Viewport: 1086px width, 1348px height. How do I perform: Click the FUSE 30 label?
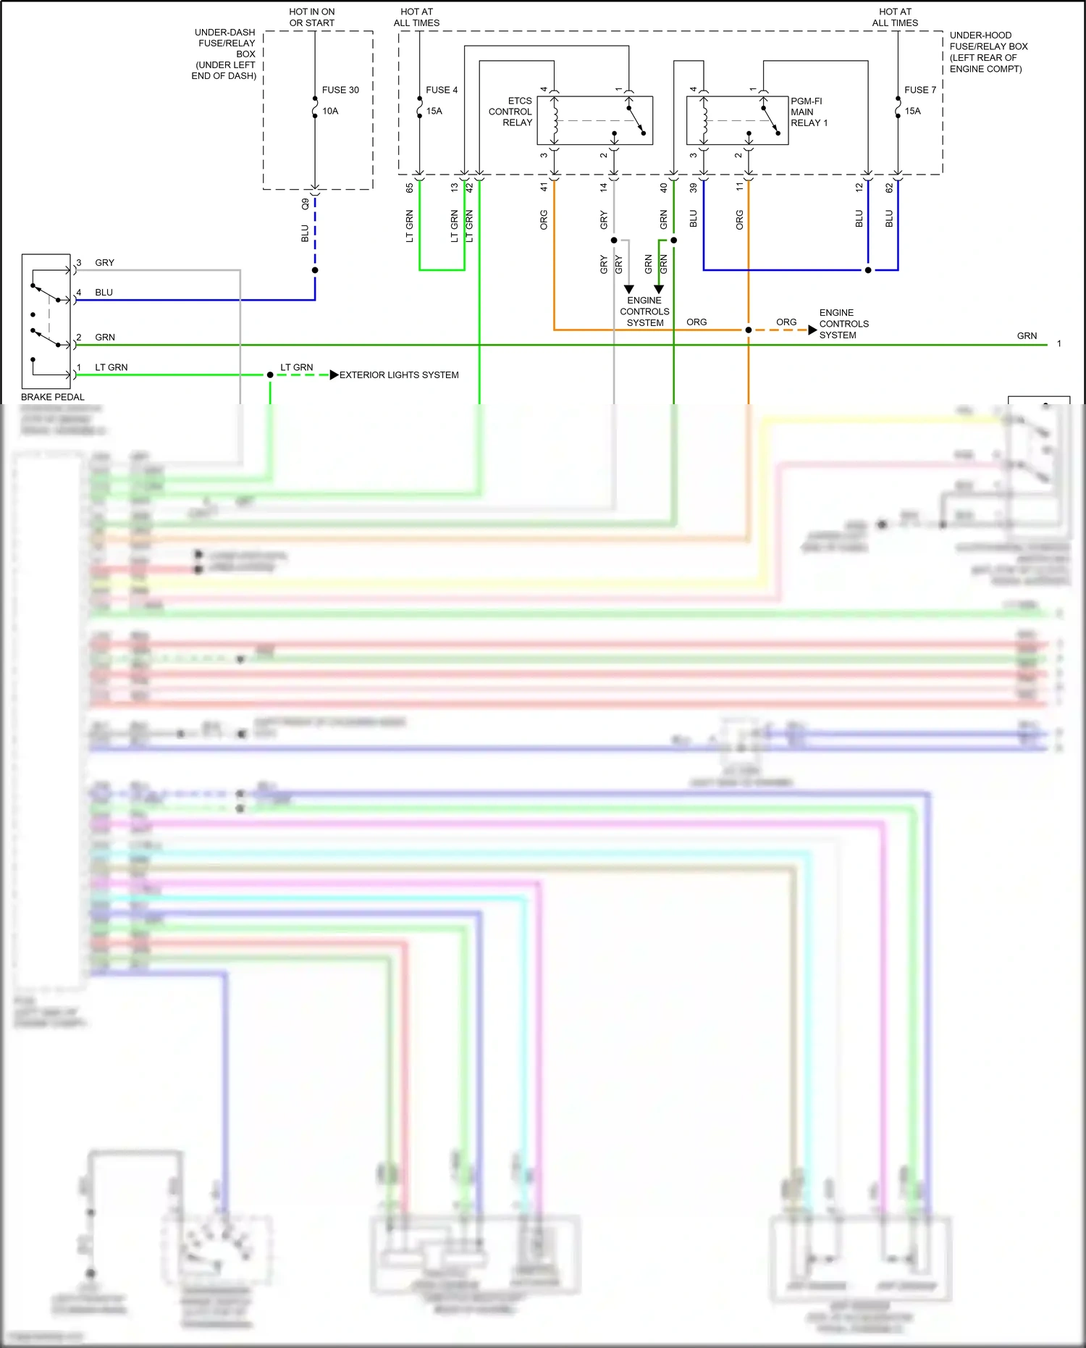tap(340, 90)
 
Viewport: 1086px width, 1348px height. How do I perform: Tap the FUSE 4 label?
tap(441, 90)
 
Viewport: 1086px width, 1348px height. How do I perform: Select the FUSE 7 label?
tap(919, 90)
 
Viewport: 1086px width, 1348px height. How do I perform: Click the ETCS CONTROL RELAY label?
tap(510, 112)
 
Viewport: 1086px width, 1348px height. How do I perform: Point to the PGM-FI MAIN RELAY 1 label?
tap(809, 112)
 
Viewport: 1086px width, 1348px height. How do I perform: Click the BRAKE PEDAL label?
tap(52, 397)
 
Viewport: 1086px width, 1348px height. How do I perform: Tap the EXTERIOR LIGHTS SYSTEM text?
tap(399, 375)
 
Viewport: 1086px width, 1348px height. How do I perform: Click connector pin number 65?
tap(410, 188)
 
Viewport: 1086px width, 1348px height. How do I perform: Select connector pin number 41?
tap(544, 187)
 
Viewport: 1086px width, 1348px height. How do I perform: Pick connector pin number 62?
tap(889, 188)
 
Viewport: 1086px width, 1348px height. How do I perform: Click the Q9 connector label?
tap(305, 204)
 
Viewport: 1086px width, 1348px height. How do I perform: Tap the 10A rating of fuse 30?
tap(330, 111)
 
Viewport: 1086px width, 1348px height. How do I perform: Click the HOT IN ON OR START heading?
tap(312, 17)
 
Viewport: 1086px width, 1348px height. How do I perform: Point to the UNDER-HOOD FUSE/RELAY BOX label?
tap(988, 51)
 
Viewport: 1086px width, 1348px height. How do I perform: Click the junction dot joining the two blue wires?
tap(868, 270)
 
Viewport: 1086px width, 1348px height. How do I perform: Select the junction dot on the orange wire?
tap(749, 330)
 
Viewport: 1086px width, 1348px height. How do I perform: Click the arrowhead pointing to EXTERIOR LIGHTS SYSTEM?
tap(334, 375)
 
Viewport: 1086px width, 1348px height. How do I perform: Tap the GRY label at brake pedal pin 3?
tap(105, 263)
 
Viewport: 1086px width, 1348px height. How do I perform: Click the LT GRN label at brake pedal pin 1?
tap(111, 367)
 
